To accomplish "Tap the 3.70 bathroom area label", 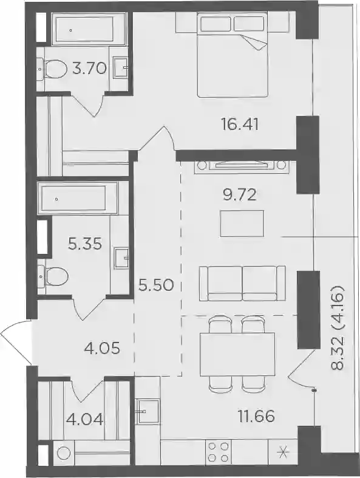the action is (x=90, y=68).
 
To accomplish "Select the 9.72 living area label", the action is (x=239, y=194).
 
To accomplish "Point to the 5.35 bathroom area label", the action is (x=85, y=244).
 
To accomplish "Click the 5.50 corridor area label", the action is (x=156, y=285).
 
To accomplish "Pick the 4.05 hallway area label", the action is (x=102, y=348).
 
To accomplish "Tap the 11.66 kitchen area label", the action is (x=256, y=415).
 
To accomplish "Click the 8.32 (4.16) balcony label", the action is (x=338, y=328).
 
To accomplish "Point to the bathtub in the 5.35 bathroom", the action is (x=78, y=199).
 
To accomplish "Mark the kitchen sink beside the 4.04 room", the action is (x=147, y=411).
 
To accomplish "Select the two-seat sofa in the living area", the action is (x=243, y=283).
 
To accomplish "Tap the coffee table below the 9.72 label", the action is (x=242, y=223).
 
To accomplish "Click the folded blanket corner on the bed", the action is (x=254, y=43).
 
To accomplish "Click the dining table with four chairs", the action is (x=237, y=354).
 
